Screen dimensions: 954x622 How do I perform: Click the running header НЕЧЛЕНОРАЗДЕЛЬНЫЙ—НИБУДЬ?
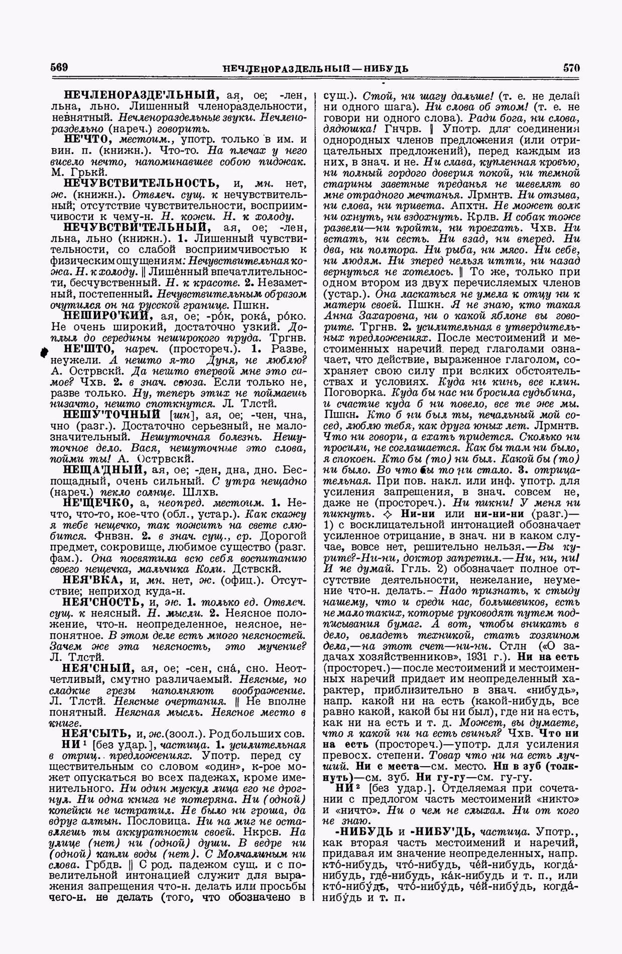coord(315,69)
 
